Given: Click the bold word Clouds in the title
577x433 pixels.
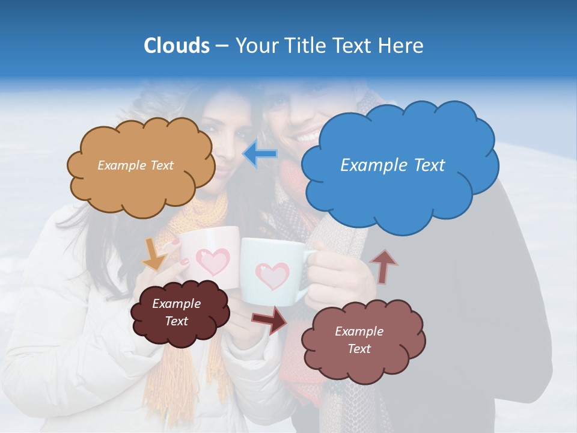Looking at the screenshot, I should pyautogui.click(x=176, y=46).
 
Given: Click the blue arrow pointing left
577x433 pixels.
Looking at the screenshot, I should pyautogui.click(x=260, y=154).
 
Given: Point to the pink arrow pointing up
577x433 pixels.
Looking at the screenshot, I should pyautogui.click(x=384, y=266).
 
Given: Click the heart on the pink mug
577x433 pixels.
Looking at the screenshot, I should pyautogui.click(x=214, y=261).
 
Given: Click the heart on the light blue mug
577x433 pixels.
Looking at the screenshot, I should pyautogui.click(x=272, y=275).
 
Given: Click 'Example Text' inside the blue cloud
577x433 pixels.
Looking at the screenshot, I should pyautogui.click(x=392, y=165).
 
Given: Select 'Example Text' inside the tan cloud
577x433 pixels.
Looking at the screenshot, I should pyautogui.click(x=135, y=165).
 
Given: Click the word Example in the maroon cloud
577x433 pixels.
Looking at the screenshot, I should pyautogui.click(x=176, y=304).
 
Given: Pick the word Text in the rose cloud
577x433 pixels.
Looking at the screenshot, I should pyautogui.click(x=359, y=349).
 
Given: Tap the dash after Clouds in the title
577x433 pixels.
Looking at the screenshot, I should pyautogui.click(x=221, y=46).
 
